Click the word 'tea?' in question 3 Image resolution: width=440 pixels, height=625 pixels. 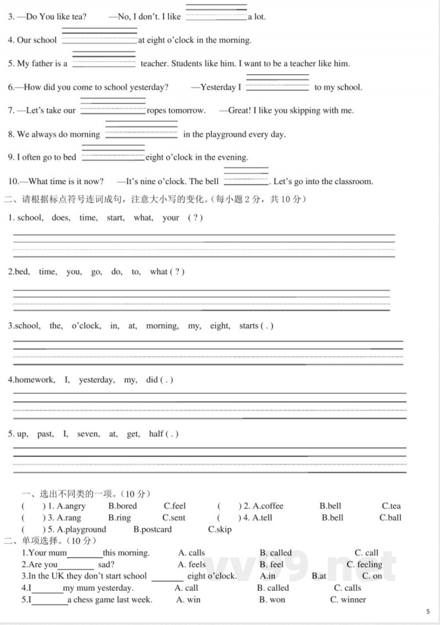click(79, 16)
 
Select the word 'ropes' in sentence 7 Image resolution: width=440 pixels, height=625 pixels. click(156, 110)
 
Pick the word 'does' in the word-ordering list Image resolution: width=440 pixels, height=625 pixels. click(61, 218)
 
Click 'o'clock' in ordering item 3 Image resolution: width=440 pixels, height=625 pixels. click(86, 325)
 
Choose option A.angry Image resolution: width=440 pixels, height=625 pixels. click(71, 506)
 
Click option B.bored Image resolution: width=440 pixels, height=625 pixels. click(123, 506)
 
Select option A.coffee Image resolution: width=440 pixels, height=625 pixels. click(268, 506)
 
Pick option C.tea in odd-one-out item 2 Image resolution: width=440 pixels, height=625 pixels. click(391, 506)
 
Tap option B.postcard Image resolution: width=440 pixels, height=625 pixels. click(152, 529)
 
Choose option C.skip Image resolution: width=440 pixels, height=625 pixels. click(219, 529)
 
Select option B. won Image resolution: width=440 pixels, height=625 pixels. click(272, 600)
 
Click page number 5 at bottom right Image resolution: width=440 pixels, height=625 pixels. click(428, 611)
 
